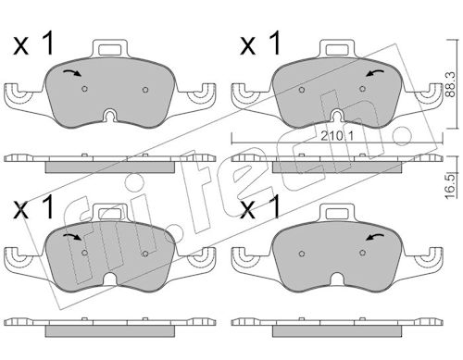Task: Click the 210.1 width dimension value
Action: point(337,136)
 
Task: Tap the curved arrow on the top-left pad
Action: point(72,73)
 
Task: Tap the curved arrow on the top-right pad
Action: point(375,73)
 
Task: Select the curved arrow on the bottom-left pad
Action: point(72,237)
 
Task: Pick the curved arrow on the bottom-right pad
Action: point(375,237)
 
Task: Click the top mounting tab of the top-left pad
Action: point(110,48)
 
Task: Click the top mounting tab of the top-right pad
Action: point(337,48)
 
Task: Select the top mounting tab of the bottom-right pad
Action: point(337,213)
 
